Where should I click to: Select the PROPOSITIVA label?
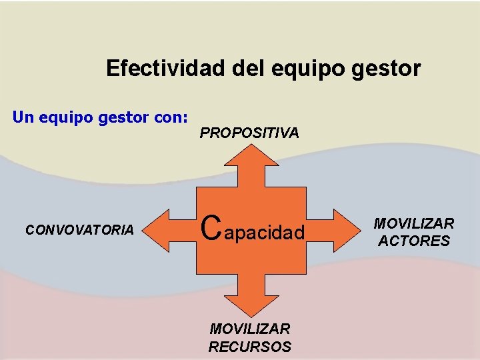click(x=249, y=133)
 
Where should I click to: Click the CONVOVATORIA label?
click(x=79, y=230)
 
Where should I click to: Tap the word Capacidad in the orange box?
click(x=253, y=230)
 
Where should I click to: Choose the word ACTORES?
click(x=414, y=241)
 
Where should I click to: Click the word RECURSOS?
click(x=250, y=347)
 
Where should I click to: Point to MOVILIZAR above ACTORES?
click(x=414, y=224)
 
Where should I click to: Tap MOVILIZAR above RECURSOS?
click(x=250, y=329)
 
